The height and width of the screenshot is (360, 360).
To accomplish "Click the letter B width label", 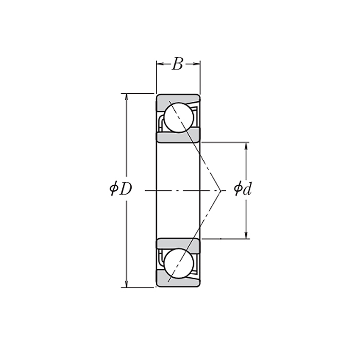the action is [x=178, y=64].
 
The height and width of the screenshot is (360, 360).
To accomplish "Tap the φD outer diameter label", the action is [x=121, y=189].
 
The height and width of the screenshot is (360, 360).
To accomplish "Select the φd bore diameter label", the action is [x=243, y=188].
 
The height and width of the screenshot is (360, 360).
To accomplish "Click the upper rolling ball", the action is [x=179, y=118].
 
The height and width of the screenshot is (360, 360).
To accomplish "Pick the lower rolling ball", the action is [x=179, y=263].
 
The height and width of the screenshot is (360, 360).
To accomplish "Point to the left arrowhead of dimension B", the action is [x=160, y=64].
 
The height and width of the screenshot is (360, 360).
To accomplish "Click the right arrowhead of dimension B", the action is [x=197, y=64].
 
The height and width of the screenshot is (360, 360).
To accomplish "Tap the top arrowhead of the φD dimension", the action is [x=127, y=97].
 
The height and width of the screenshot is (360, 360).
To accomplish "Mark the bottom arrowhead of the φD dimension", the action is [x=127, y=284].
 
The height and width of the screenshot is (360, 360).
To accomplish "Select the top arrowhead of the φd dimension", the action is [x=246, y=146].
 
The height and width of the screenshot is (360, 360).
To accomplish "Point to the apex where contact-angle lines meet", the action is [x=221, y=191].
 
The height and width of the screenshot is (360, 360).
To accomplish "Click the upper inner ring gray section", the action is [x=178, y=136].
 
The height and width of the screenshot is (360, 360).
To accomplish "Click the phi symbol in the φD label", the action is [x=114, y=189].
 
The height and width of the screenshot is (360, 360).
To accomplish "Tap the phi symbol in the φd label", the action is [x=238, y=188].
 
